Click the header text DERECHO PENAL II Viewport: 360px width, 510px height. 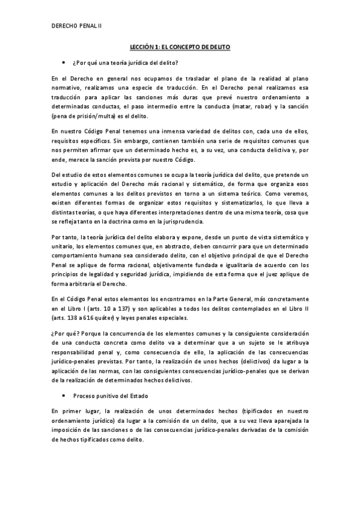77,26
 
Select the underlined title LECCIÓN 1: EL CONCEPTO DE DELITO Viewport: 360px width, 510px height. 180,46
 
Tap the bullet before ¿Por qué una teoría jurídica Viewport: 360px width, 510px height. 63,63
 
